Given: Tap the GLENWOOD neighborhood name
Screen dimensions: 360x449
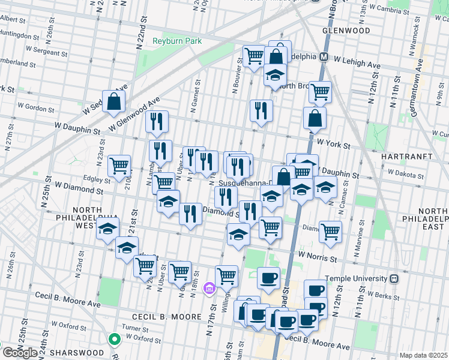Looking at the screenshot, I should point(346,30).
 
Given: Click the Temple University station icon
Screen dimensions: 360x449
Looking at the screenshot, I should point(394,278).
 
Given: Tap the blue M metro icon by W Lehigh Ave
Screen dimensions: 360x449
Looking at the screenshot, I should point(324,57).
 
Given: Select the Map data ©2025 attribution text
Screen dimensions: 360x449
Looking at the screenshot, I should point(423,355).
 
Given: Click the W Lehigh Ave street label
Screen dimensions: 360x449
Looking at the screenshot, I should point(358,62).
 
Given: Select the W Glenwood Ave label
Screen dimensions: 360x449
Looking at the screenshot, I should point(135,114).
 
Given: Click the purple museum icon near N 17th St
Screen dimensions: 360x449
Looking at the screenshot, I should point(209,289).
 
